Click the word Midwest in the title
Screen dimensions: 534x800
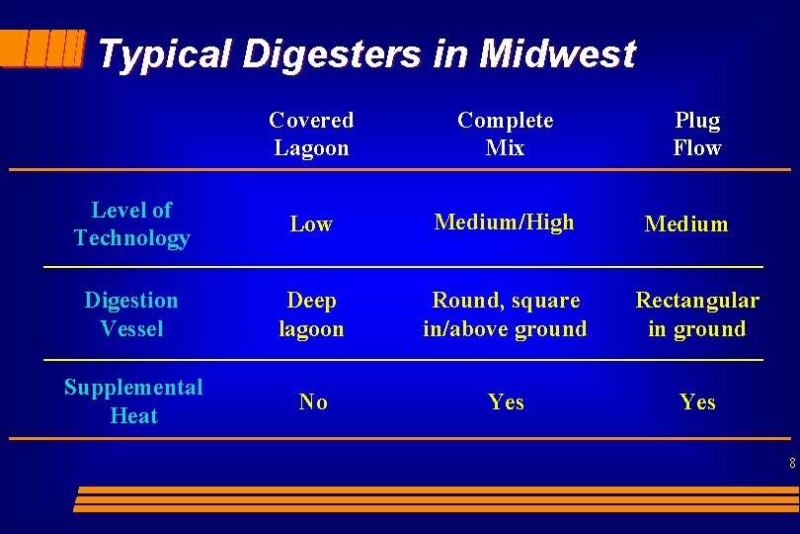[557, 53]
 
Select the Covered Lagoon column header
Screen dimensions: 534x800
[311, 133]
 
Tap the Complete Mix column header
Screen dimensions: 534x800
[505, 133]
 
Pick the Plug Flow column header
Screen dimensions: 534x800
[697, 133]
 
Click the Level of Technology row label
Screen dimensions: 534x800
[131, 223]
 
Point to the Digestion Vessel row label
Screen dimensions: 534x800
[131, 313]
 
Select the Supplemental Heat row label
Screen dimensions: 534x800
[133, 401]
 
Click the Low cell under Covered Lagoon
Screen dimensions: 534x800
[311, 224]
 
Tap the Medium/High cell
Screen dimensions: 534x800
[505, 222]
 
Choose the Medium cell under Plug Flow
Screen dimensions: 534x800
[686, 224]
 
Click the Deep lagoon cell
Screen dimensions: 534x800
[311, 314]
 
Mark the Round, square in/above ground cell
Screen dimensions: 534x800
[505, 314]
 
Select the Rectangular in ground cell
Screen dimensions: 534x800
[697, 314]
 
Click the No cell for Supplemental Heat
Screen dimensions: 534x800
[313, 401]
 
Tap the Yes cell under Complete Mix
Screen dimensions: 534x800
[506, 402]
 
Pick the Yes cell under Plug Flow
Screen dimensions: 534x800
[697, 402]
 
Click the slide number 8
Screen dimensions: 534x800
[792, 462]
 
